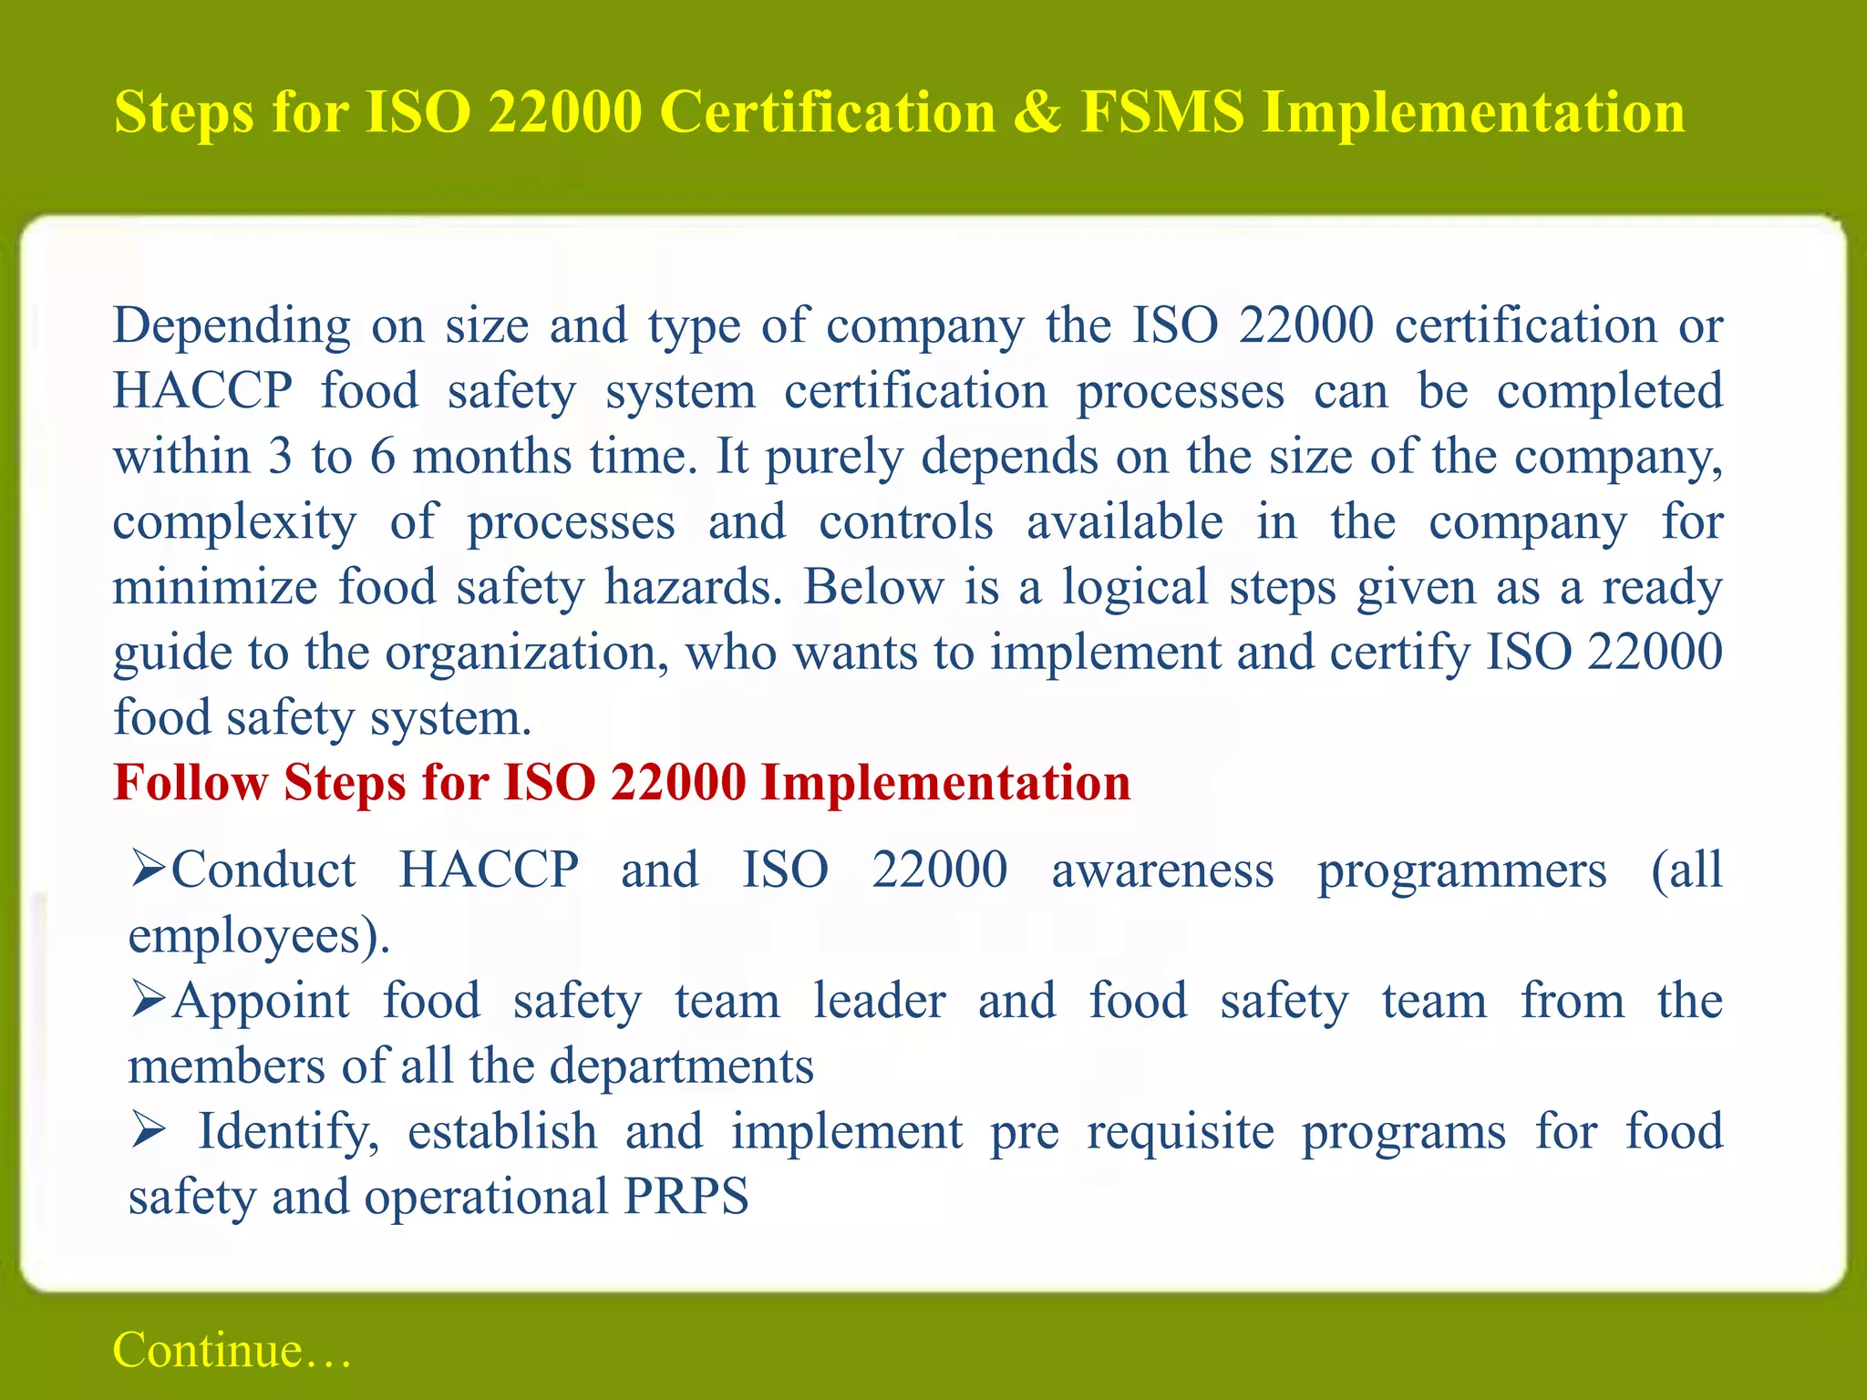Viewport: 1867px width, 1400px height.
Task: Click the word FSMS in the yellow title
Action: [x=1161, y=112]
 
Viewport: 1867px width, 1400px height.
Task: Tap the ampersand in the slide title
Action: [x=1037, y=112]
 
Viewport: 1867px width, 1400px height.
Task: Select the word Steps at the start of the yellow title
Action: [x=183, y=112]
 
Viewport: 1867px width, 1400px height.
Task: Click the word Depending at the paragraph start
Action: [x=232, y=326]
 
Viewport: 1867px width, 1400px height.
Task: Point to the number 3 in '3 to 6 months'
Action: [x=280, y=456]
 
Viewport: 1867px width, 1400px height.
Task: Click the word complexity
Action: [x=235, y=523]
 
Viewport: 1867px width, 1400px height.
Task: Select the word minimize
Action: [x=215, y=587]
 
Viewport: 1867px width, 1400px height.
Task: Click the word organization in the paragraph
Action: [x=526, y=653]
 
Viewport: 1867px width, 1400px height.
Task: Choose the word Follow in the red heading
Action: [x=191, y=783]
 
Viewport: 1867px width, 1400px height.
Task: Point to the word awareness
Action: [x=1162, y=870]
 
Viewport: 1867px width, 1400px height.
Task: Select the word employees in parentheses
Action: [x=245, y=936]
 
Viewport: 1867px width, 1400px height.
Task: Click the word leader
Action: [x=879, y=1001]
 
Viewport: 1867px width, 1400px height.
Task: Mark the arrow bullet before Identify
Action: [x=149, y=1130]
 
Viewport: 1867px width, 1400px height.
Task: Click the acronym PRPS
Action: [x=686, y=1196]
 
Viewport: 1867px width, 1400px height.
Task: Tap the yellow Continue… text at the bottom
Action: [x=232, y=1350]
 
